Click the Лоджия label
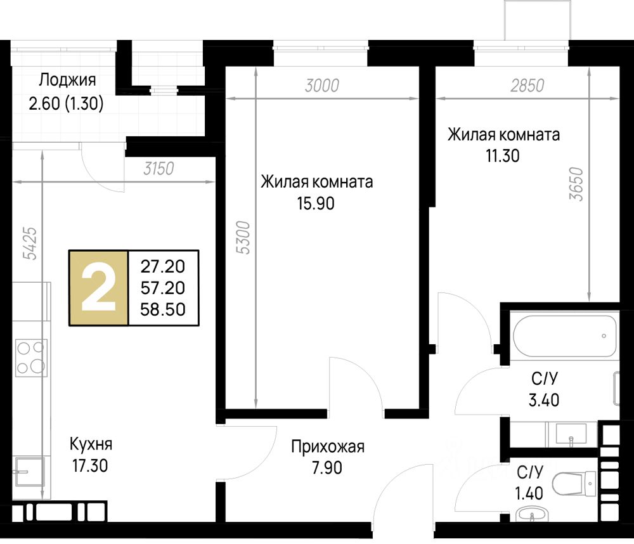68,80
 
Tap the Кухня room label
91,444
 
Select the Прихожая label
328,446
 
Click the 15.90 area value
316,204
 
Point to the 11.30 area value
503,156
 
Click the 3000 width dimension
322,86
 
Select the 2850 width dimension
527,86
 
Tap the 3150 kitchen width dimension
159,169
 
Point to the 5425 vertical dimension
30,243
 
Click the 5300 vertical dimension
243,237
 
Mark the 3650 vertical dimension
576,184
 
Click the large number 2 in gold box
99,288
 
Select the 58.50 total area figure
163,309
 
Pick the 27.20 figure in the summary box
163,266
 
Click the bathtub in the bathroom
565,335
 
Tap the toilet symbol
574,483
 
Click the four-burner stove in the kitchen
31,358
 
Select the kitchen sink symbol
29,471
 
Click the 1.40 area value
529,493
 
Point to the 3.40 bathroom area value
544,400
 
